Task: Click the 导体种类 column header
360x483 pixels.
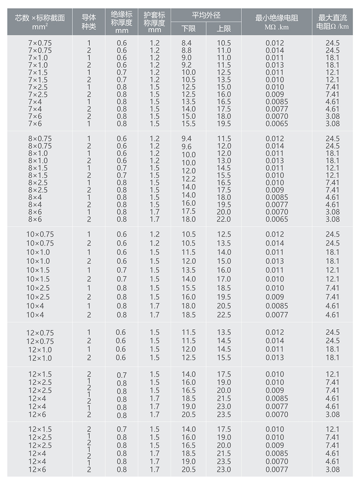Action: point(89,22)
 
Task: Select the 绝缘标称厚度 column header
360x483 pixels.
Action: point(122,22)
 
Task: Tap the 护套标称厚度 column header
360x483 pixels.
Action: point(155,22)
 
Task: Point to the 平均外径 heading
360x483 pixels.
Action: point(206,15)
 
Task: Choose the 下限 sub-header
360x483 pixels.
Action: point(188,28)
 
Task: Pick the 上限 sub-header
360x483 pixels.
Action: point(224,28)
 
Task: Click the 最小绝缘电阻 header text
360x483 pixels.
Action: point(277,18)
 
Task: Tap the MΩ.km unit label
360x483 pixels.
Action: point(277,27)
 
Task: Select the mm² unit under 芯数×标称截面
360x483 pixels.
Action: point(40,27)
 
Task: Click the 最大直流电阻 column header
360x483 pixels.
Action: point(332,22)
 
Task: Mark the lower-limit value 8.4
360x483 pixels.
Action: point(187,43)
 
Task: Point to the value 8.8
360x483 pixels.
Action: point(187,50)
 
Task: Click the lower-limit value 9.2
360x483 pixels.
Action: point(187,65)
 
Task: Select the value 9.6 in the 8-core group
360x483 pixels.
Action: point(187,147)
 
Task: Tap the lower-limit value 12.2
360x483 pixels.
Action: point(188,179)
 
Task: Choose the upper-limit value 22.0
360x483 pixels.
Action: point(224,219)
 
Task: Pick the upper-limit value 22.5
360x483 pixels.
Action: point(224,315)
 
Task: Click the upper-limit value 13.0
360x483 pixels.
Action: point(224,161)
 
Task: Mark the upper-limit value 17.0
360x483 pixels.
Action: point(224,279)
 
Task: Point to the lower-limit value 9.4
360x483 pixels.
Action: point(187,139)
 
